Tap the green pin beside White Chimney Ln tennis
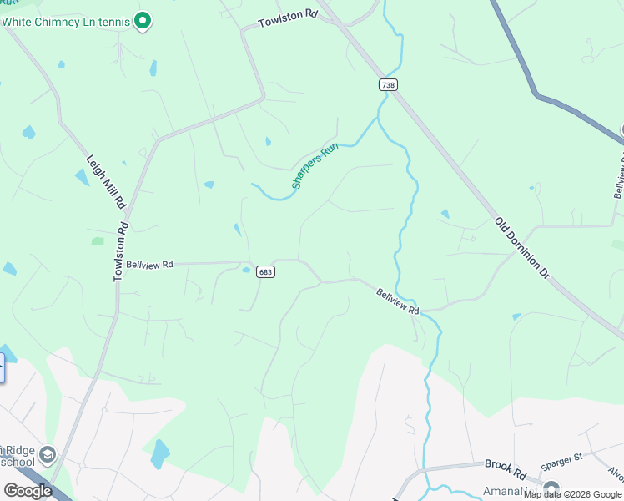click(x=143, y=20)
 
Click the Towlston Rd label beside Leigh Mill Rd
click(x=120, y=250)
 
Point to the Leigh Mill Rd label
click(x=105, y=180)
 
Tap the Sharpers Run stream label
click(x=312, y=167)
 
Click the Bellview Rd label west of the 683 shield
click(x=149, y=264)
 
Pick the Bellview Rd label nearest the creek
click(x=397, y=301)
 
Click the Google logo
click(x=28, y=491)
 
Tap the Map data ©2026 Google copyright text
click(x=573, y=494)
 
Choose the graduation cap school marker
click(x=47, y=455)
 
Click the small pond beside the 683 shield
click(x=246, y=270)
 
